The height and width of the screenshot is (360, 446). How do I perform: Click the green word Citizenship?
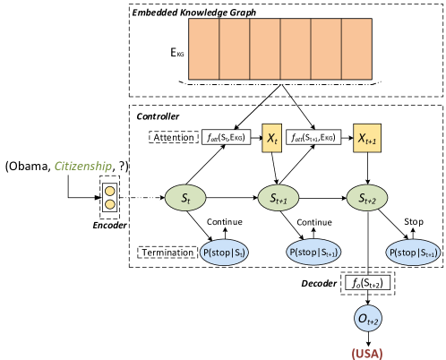click(82, 167)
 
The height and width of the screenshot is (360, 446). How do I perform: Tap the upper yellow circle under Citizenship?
click(110, 191)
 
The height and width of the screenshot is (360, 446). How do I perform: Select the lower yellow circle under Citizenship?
click(110, 204)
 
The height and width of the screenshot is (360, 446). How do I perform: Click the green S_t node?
click(185, 199)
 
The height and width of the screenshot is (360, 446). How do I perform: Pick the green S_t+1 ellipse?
click(278, 199)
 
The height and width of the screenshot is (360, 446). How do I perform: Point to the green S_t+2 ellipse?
click(366, 199)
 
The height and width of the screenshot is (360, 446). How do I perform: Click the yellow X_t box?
click(271, 138)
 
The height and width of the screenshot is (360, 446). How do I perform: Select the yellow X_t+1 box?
click(366, 138)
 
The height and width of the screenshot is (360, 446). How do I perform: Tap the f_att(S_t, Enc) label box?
click(225, 137)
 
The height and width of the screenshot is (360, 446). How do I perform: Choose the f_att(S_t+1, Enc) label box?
click(313, 137)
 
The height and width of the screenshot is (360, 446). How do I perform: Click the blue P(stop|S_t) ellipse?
click(224, 253)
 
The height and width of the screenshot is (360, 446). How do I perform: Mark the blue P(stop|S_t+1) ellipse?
click(313, 253)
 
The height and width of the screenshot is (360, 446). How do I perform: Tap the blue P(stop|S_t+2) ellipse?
click(414, 253)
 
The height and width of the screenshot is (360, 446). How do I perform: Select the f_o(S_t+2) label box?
click(367, 282)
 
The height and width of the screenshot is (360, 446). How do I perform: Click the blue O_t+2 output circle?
click(367, 319)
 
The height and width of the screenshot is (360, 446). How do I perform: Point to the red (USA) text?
click(367, 353)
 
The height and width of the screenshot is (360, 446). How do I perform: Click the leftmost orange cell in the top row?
click(204, 49)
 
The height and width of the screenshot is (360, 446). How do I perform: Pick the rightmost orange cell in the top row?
click(356, 49)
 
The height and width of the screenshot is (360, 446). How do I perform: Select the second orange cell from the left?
click(235, 49)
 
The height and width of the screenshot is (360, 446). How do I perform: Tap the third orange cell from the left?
click(265, 49)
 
